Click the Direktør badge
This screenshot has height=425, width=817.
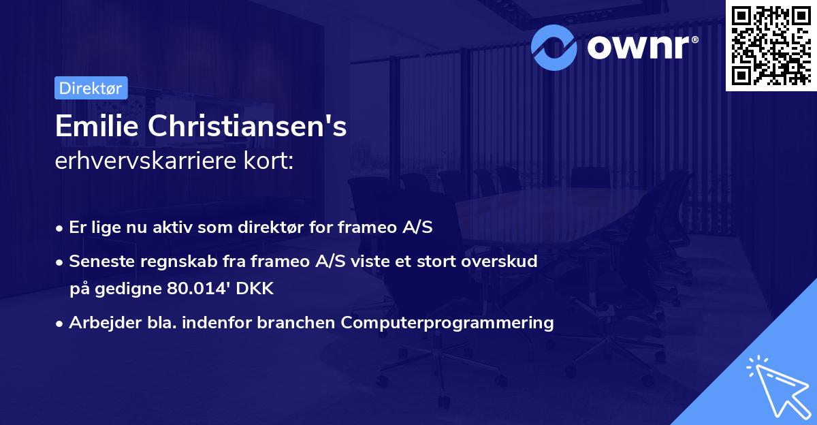pyautogui.click(x=91, y=88)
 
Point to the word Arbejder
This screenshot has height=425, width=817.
pyautogui.click(x=99, y=322)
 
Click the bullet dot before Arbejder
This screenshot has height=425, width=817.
pyautogui.click(x=60, y=323)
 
